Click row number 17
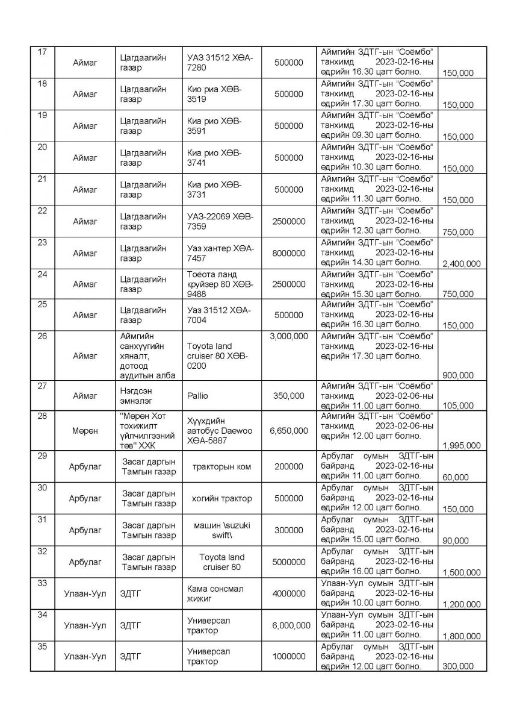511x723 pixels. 42,52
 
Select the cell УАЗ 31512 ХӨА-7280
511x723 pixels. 220,63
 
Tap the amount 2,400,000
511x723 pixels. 462,263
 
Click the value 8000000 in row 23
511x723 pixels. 288,253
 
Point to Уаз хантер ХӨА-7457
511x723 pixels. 220,253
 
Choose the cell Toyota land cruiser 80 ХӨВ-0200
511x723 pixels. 220,356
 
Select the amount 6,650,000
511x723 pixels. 288,431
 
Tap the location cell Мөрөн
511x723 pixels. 84,431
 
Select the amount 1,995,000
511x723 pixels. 462,445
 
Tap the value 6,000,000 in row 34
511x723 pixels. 288,625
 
